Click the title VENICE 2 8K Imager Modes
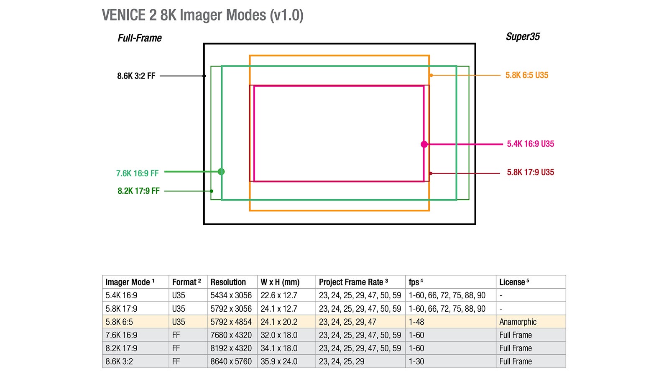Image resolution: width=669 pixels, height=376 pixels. (x=202, y=15)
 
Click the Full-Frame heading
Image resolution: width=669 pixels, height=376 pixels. (x=139, y=38)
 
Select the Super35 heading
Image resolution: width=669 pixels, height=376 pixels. (x=523, y=37)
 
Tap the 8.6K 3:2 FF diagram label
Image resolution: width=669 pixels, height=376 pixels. (x=136, y=76)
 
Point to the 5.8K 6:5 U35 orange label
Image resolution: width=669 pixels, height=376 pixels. (x=526, y=75)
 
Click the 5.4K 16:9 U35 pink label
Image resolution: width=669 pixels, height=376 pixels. (x=530, y=144)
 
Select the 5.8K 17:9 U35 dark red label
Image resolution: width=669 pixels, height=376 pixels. (x=530, y=172)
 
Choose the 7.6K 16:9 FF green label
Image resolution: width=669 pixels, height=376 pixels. (x=137, y=173)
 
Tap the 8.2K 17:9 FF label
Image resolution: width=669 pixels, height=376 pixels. (x=138, y=191)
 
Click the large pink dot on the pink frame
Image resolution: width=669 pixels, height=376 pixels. (x=424, y=144)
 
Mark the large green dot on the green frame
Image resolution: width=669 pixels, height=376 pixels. (x=221, y=172)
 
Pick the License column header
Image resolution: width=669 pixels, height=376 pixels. (x=513, y=282)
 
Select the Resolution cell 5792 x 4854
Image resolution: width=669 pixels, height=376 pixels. (x=231, y=322)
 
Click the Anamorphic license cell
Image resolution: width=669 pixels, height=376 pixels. (x=518, y=322)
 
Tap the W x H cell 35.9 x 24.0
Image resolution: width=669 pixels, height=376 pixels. (x=279, y=361)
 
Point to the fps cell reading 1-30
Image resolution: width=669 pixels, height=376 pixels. (x=416, y=361)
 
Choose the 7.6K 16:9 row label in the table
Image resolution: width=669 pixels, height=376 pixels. (x=121, y=335)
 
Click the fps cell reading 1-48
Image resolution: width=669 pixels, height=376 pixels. (x=416, y=322)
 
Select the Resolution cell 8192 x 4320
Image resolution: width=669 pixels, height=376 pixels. (x=231, y=348)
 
